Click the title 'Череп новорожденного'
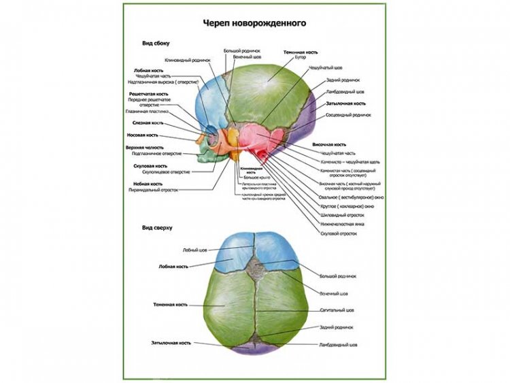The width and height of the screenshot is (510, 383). coord(255,23)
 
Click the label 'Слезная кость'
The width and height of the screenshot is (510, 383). coord(148,123)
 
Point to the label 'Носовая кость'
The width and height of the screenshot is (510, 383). coord(147,135)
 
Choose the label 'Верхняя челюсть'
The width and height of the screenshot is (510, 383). coord(144,147)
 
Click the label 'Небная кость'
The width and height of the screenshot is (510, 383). coord(147,184)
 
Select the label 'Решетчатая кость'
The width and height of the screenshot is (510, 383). coord(149,93)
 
